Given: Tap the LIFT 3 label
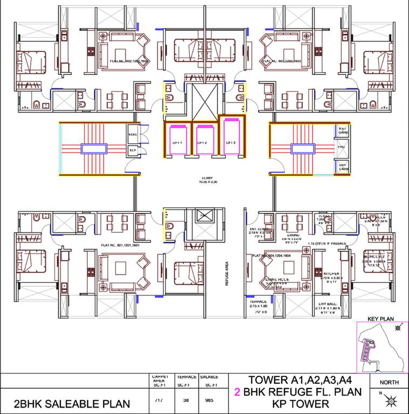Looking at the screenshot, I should point(231,142).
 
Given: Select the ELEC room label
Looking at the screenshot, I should point(133,133).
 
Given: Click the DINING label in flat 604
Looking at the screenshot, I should point(293,235).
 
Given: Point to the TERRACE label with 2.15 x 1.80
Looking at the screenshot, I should point(259,302).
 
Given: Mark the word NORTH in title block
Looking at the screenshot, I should point(390,382).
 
